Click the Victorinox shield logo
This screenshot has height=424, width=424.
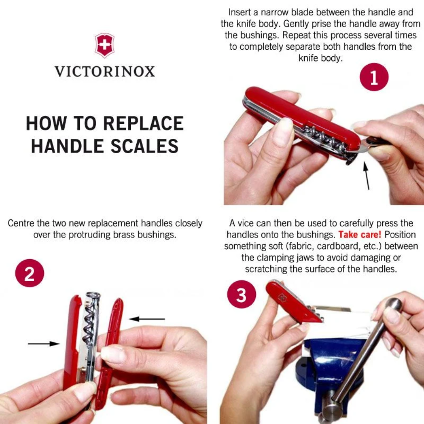click(x=104, y=45)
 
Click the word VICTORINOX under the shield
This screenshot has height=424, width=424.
click(x=104, y=72)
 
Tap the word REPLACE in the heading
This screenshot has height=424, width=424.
click(x=143, y=124)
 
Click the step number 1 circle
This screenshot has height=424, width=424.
click(x=374, y=77)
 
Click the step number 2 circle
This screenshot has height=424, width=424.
click(x=29, y=273)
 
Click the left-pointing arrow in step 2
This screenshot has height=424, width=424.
click(x=147, y=319)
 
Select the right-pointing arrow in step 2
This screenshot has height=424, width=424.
click(x=44, y=343)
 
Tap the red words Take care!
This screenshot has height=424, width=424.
click(x=360, y=234)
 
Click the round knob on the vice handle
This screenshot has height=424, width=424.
click(x=394, y=304)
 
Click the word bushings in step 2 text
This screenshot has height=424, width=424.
click(x=157, y=234)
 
